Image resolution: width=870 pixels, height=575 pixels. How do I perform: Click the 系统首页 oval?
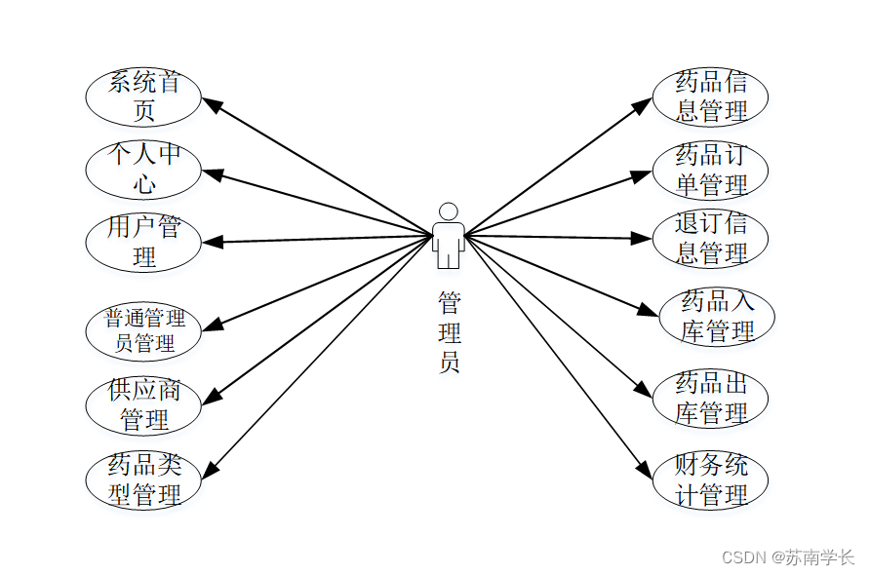pos(143,96)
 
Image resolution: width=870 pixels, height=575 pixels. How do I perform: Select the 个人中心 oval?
pos(143,169)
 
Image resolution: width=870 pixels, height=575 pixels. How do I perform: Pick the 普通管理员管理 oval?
pos(143,330)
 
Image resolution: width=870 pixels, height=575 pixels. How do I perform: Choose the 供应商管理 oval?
pos(143,405)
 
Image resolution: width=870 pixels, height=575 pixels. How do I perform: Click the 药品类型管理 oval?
pos(143,479)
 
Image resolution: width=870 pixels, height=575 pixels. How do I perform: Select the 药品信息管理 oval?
pos(710,96)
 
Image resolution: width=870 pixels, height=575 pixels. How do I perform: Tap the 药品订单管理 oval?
pos(710,170)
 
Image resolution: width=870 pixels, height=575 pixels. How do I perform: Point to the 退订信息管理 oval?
pos(710,238)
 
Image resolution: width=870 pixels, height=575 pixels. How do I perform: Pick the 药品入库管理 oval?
pos(717,317)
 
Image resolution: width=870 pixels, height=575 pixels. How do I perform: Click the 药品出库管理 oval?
pos(710,398)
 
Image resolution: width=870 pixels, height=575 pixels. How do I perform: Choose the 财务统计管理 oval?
pos(710,479)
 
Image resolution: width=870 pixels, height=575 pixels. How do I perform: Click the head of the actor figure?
pos(448,211)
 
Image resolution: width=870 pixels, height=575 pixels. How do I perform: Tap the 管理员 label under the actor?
pos(449,332)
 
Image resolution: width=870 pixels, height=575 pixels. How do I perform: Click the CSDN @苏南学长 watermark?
pos(787,557)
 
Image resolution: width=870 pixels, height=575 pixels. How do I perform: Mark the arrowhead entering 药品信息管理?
pos(644,102)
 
